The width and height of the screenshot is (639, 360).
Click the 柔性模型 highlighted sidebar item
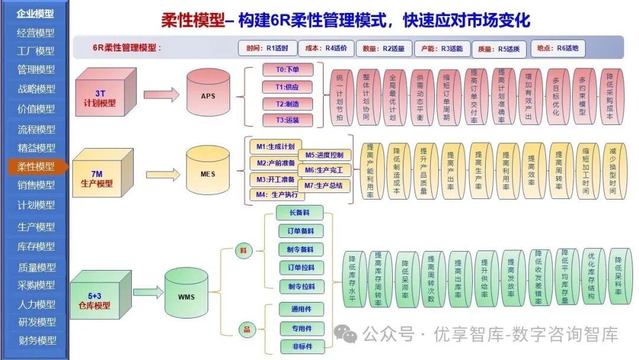tap(35, 166)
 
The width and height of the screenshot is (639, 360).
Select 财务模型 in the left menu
tap(35, 340)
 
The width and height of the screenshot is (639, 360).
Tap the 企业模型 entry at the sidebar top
tap(35, 13)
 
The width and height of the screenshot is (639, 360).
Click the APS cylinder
tap(208, 95)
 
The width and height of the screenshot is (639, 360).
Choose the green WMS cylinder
tap(186, 295)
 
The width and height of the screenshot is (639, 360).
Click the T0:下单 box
tap(287, 70)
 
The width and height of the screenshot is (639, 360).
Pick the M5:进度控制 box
tap(324, 155)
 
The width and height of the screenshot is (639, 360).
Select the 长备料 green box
tap(301, 212)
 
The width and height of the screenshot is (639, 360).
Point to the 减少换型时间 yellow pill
tap(614, 172)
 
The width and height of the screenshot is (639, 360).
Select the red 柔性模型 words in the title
tap(192, 21)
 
